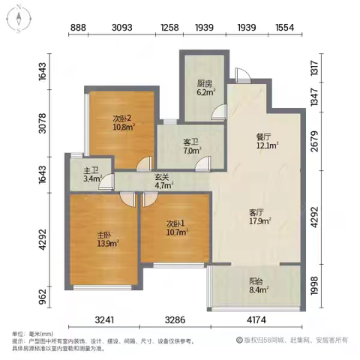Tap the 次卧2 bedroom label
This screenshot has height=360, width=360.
[123, 118]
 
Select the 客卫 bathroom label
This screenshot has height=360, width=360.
[192, 141]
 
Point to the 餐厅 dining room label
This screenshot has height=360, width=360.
[262, 137]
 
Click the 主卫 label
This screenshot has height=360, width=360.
[89, 169]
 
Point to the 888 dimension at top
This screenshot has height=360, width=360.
[79, 28]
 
